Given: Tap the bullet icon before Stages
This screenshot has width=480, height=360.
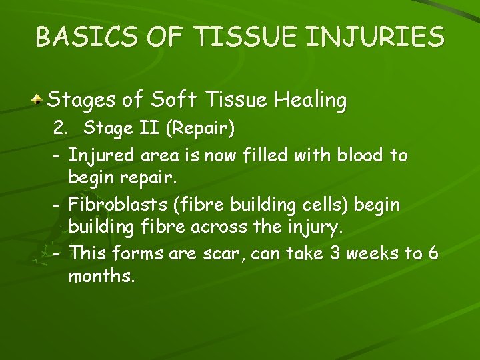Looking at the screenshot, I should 39,100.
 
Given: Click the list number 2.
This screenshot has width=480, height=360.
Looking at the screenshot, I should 59,127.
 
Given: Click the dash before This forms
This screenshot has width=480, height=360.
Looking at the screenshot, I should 57,254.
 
